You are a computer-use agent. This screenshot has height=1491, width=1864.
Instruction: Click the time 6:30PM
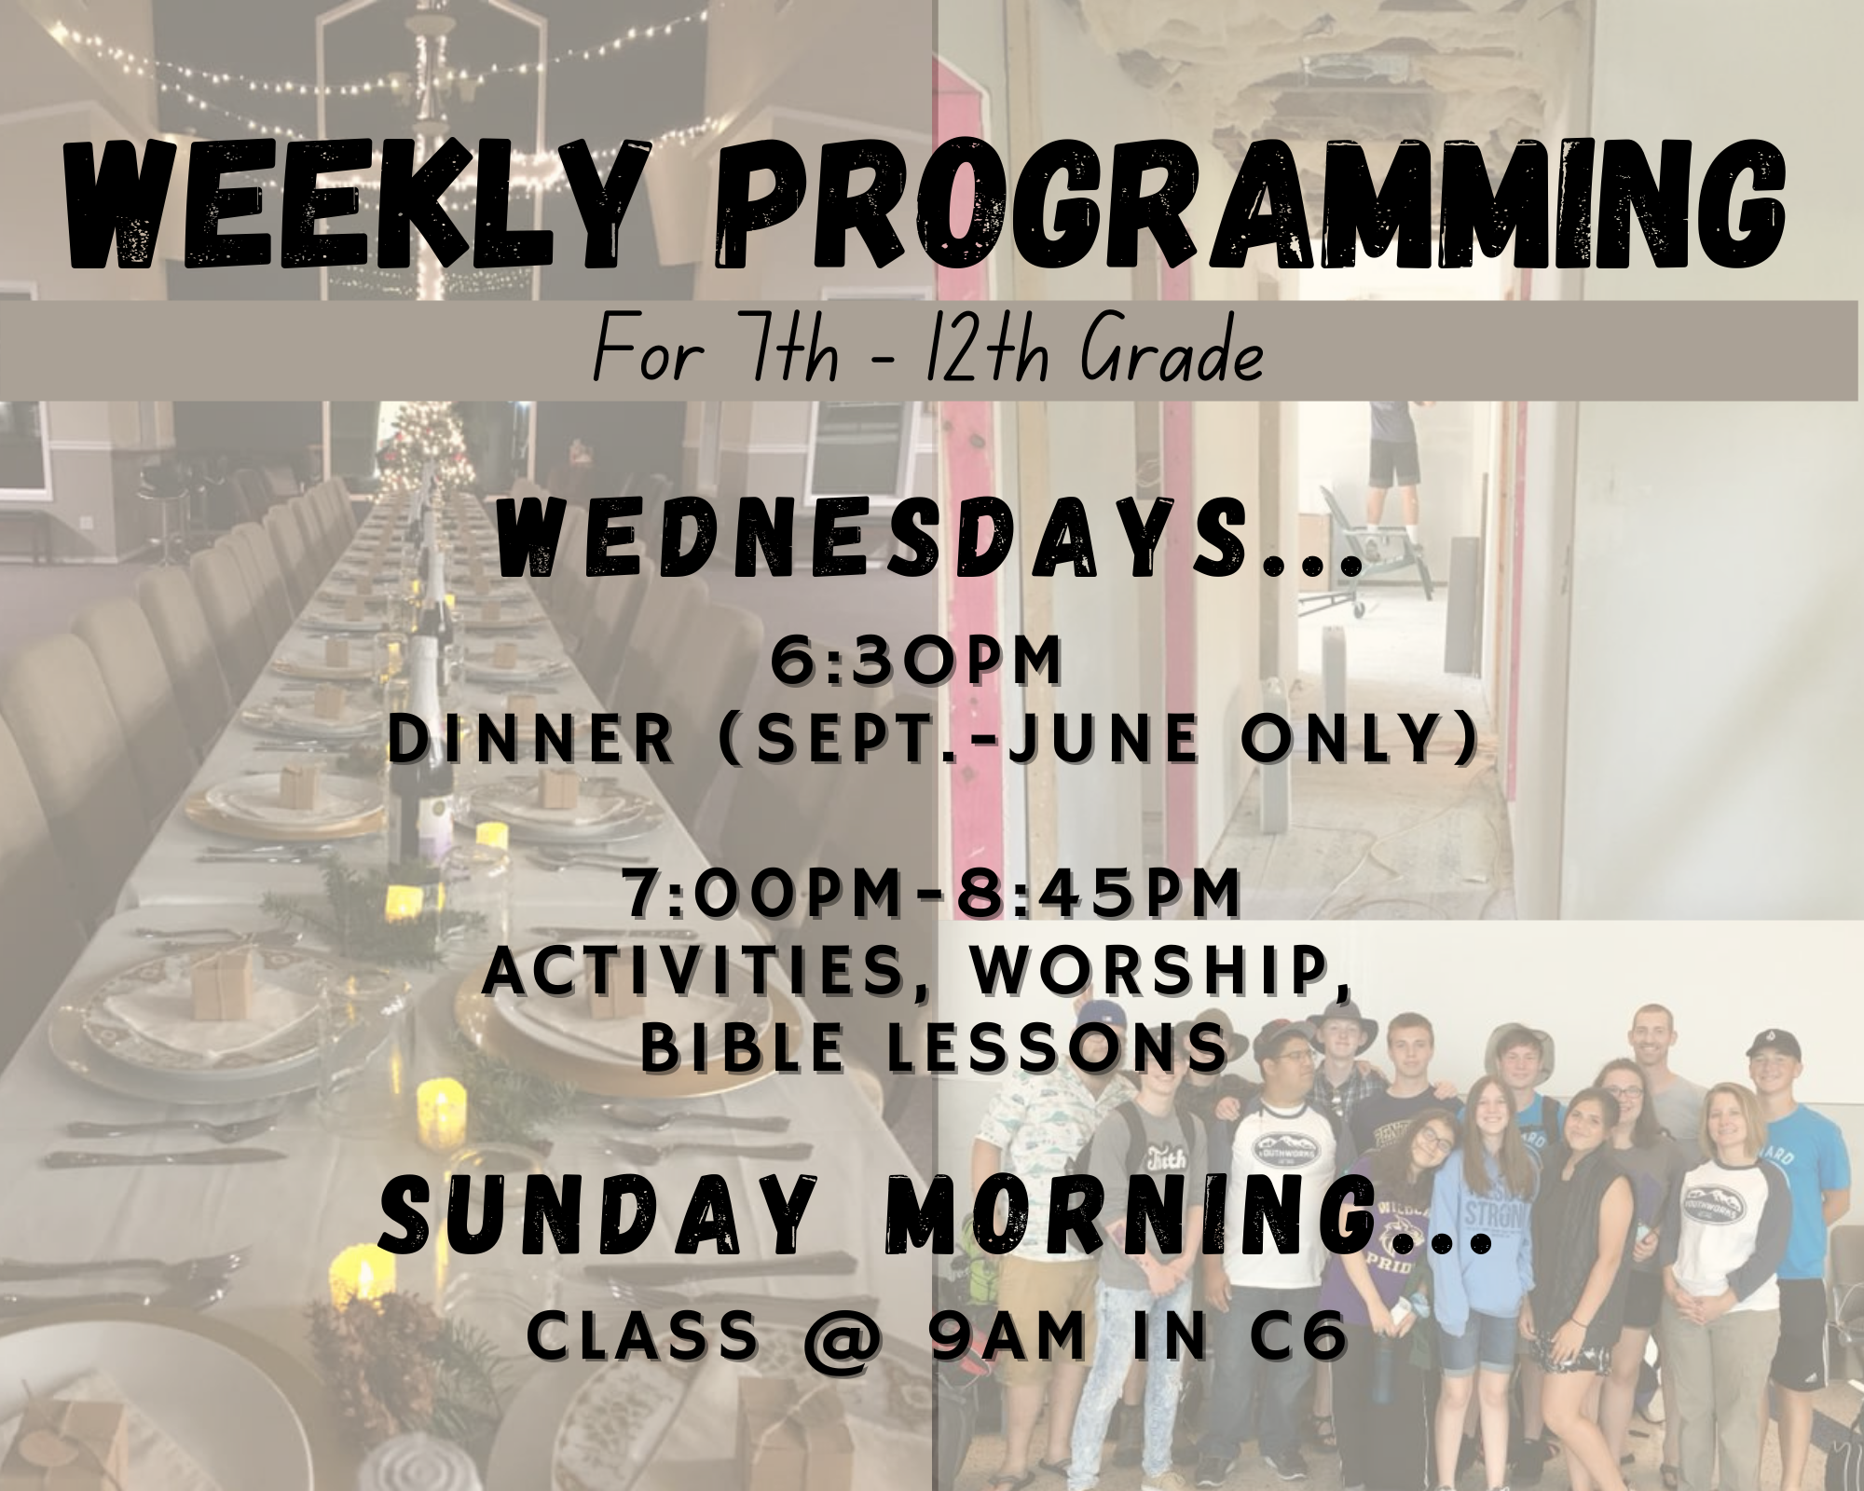[x=916, y=663]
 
